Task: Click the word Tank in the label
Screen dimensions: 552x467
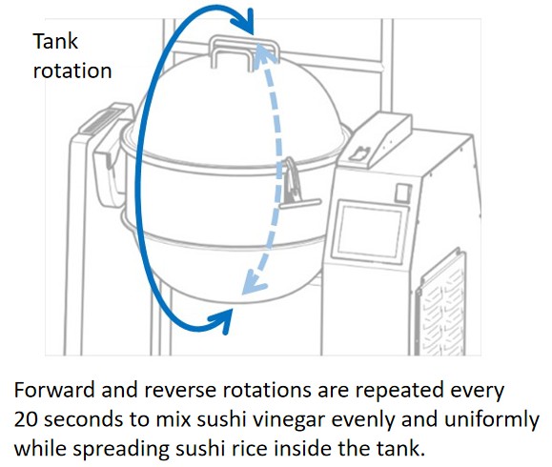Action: point(55,41)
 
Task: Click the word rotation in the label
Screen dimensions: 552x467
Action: point(72,71)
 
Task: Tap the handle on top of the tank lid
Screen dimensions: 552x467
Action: point(245,52)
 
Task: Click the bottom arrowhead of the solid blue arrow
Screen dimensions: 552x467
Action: point(222,321)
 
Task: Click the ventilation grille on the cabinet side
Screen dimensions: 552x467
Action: point(440,304)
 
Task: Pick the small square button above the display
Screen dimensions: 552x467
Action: point(402,193)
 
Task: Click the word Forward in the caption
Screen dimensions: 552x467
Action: point(54,391)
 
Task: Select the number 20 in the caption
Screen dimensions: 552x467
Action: point(26,419)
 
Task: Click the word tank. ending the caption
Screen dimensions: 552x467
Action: point(399,449)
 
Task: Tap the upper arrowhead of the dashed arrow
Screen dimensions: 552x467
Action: point(260,52)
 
